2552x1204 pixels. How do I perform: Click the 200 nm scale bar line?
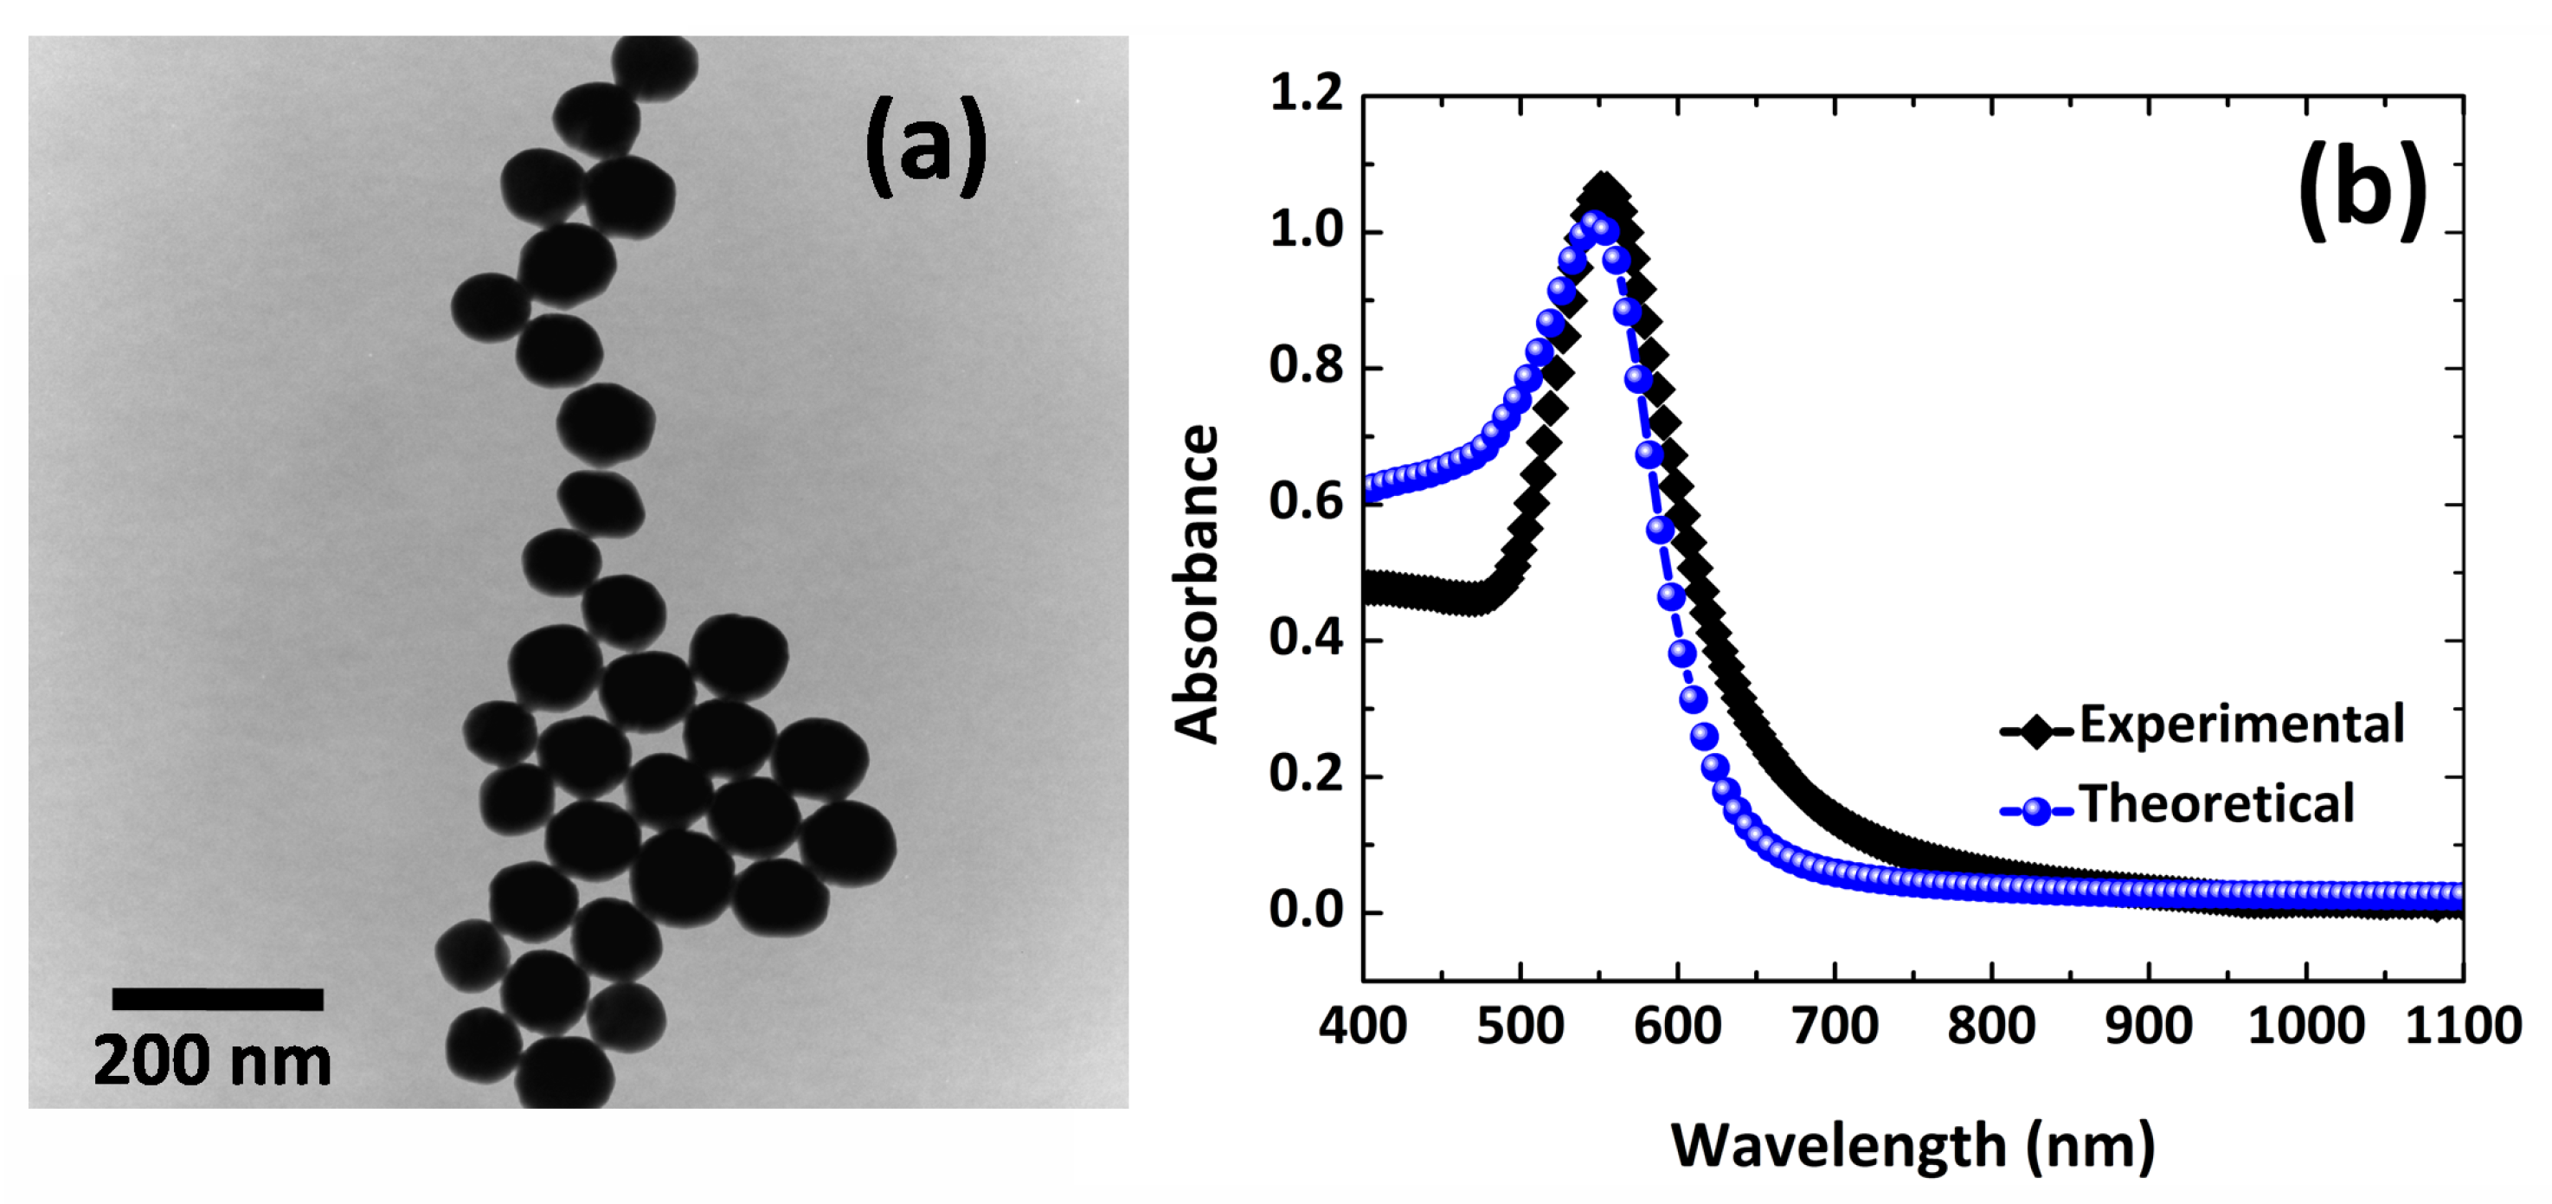[217, 999]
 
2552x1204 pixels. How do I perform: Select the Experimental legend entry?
[2204, 726]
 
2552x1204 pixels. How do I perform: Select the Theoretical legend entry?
[2180, 805]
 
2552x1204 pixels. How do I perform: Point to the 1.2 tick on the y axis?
[1306, 95]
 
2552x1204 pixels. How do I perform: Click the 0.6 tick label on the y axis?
[1306, 502]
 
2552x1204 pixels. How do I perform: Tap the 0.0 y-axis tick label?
[1306, 911]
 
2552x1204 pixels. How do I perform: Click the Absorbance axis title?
[1196, 584]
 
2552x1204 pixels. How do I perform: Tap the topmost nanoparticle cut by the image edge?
[655, 67]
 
